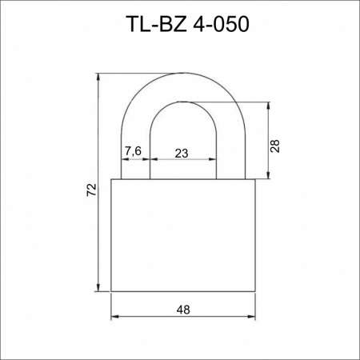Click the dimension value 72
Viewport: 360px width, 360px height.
point(91,190)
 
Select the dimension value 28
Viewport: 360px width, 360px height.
point(274,145)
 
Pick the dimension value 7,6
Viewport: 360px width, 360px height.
point(134,150)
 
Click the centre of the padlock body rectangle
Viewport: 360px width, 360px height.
point(182,236)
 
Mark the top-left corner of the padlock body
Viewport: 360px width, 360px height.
point(110,181)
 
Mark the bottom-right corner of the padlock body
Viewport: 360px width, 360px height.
point(255,292)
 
